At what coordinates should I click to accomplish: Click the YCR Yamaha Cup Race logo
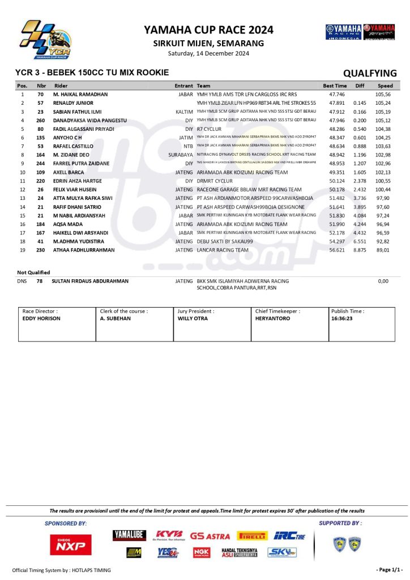click(45, 40)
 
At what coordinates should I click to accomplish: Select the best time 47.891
click(338, 103)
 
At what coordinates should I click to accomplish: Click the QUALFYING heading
click(370, 73)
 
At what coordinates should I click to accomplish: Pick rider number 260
click(41, 121)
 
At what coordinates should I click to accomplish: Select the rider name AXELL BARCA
click(69, 172)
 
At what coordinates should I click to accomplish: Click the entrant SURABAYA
click(181, 154)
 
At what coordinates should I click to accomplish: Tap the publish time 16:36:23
click(343, 319)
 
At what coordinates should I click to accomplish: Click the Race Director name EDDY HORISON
click(41, 319)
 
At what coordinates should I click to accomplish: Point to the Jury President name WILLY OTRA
click(193, 319)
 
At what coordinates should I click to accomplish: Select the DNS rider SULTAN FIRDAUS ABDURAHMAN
click(90, 281)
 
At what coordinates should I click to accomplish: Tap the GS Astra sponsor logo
click(210, 536)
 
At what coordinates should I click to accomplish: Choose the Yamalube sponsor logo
click(130, 535)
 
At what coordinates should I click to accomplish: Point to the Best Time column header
click(335, 86)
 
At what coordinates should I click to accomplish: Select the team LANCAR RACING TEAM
click(223, 250)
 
